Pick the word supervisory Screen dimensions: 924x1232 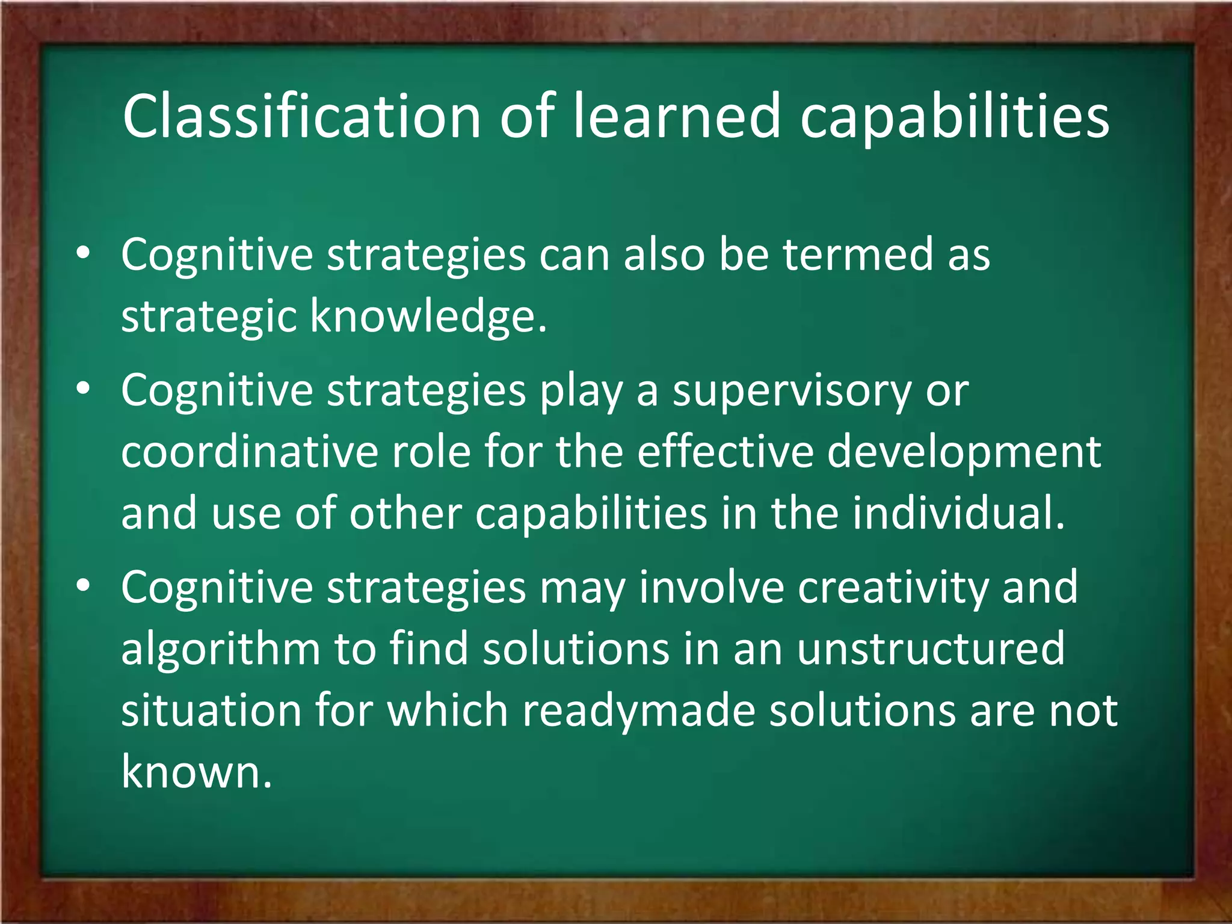[x=792, y=392]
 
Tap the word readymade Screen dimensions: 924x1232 [x=638, y=711]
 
